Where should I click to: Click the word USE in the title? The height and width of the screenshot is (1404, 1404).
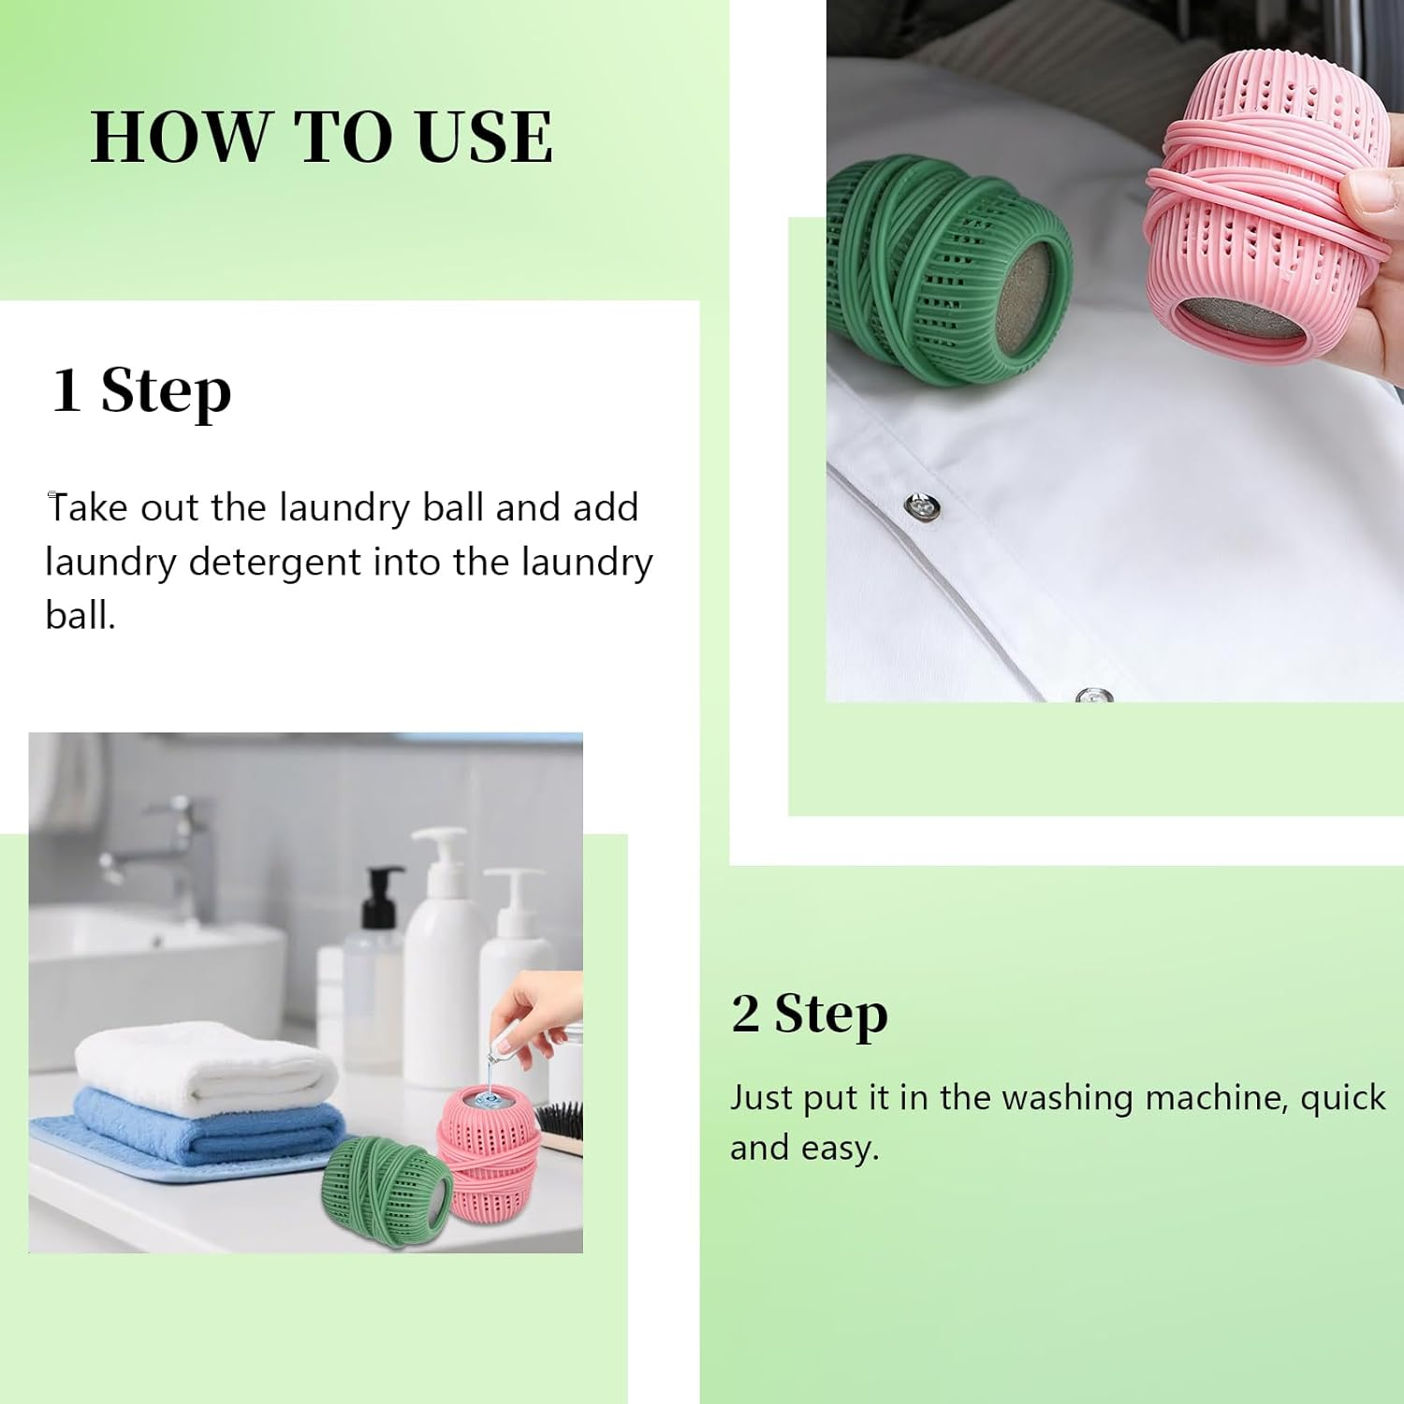point(484,138)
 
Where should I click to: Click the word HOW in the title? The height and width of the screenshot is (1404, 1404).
point(178,138)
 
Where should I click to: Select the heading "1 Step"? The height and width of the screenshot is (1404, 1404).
point(140,389)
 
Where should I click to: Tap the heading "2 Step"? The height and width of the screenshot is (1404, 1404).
point(809,1014)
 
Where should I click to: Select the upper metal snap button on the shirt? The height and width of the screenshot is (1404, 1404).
point(922,506)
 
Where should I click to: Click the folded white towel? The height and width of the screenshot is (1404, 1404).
point(206,1067)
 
